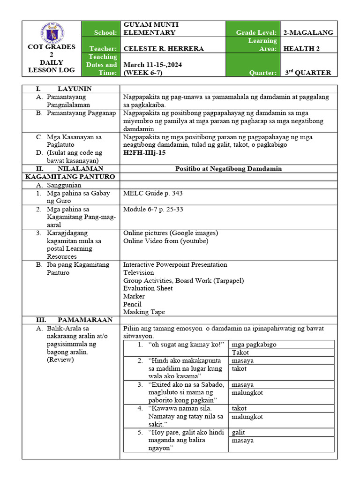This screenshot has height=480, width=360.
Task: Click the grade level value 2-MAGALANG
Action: (308, 32)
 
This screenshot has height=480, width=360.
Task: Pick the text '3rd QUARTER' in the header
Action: (308, 73)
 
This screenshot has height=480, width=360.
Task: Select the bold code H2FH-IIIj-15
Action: (144, 153)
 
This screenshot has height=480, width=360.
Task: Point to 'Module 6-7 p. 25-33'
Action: (153, 209)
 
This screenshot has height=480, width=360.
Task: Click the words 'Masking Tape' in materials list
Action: (144, 312)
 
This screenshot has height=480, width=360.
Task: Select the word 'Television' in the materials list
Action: (138, 272)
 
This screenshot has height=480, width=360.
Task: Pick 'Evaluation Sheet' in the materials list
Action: (148, 288)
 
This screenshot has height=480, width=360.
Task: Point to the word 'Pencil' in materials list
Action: (133, 304)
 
